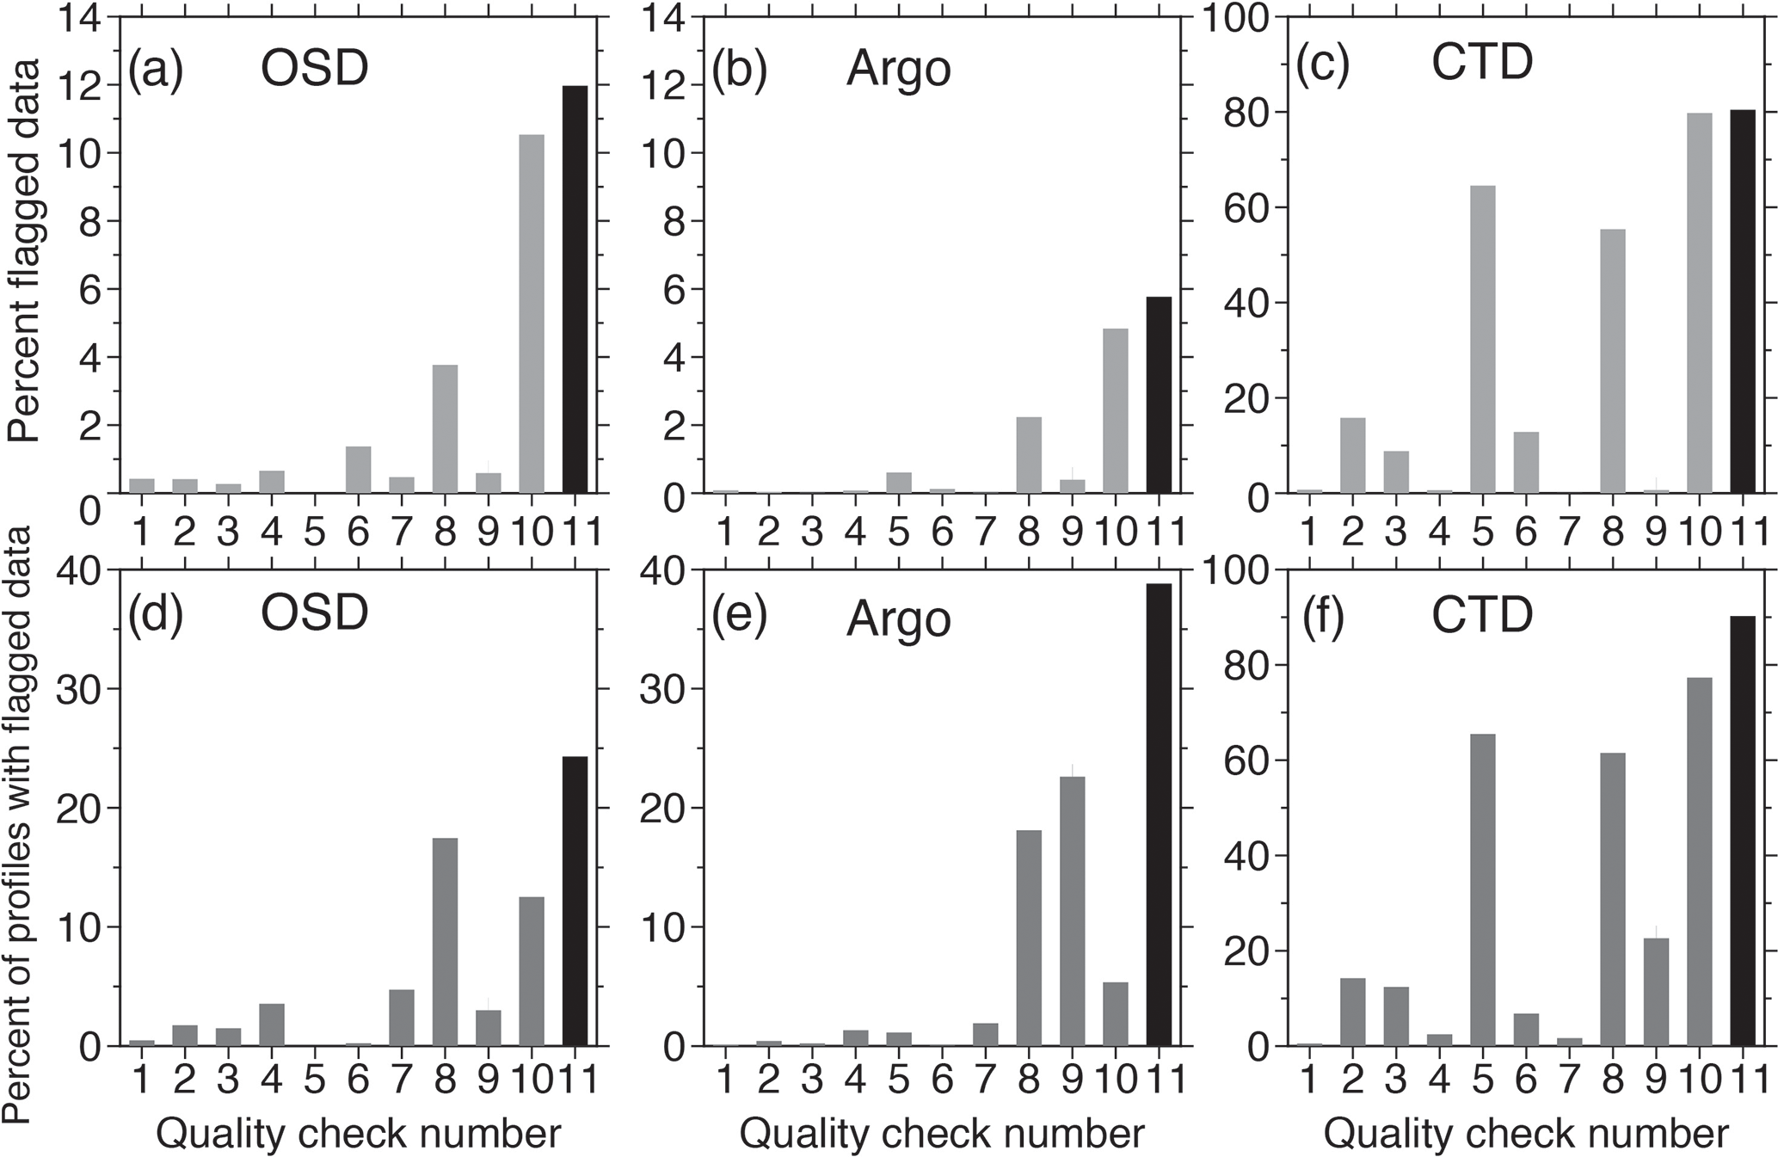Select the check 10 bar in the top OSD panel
pos(532,314)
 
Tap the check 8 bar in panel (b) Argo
pos(1029,455)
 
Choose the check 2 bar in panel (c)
pos(1352,455)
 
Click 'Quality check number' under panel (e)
pos(941,1134)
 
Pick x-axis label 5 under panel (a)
pos(315,533)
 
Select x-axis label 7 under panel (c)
pos(1568,533)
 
